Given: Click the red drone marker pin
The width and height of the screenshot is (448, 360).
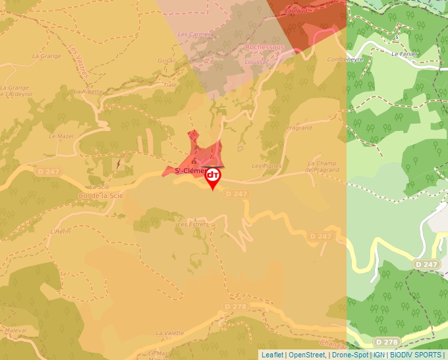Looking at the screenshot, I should click(213, 177).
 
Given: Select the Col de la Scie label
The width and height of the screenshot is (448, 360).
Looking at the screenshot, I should click(100, 195).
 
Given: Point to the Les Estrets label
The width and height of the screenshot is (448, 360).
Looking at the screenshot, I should click(193, 224).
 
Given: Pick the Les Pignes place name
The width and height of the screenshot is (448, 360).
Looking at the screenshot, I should click(267, 166).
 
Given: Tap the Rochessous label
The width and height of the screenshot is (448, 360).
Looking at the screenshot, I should click(264, 47).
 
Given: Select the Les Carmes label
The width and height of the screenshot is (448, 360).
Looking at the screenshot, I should click(193, 34).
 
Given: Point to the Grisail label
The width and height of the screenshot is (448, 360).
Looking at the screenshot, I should click(167, 60).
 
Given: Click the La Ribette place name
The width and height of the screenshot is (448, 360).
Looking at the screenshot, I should click(88, 91).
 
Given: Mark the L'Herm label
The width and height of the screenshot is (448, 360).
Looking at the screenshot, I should click(60, 232).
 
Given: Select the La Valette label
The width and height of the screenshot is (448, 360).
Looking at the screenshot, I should click(169, 333).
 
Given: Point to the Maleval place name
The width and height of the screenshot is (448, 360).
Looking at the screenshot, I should click(16, 330).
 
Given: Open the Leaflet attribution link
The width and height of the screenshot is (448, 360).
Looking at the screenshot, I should click(273, 355).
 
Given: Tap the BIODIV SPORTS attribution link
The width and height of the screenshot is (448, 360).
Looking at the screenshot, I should click(416, 355).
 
